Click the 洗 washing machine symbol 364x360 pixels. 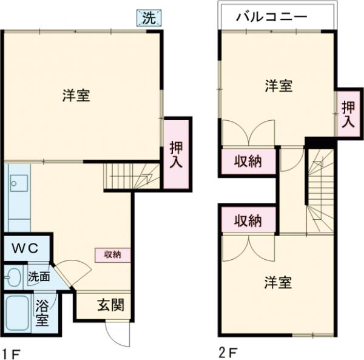point(149,18)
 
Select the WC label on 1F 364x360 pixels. point(26,248)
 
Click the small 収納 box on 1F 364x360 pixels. point(112,254)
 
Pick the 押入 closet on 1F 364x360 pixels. point(177,154)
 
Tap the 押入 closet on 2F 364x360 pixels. point(346,114)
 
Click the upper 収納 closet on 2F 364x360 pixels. point(248,162)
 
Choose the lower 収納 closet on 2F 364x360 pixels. point(248,220)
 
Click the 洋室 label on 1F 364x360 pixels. point(76,96)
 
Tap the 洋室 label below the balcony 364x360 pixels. point(278,86)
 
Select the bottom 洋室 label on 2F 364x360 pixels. point(278,283)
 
